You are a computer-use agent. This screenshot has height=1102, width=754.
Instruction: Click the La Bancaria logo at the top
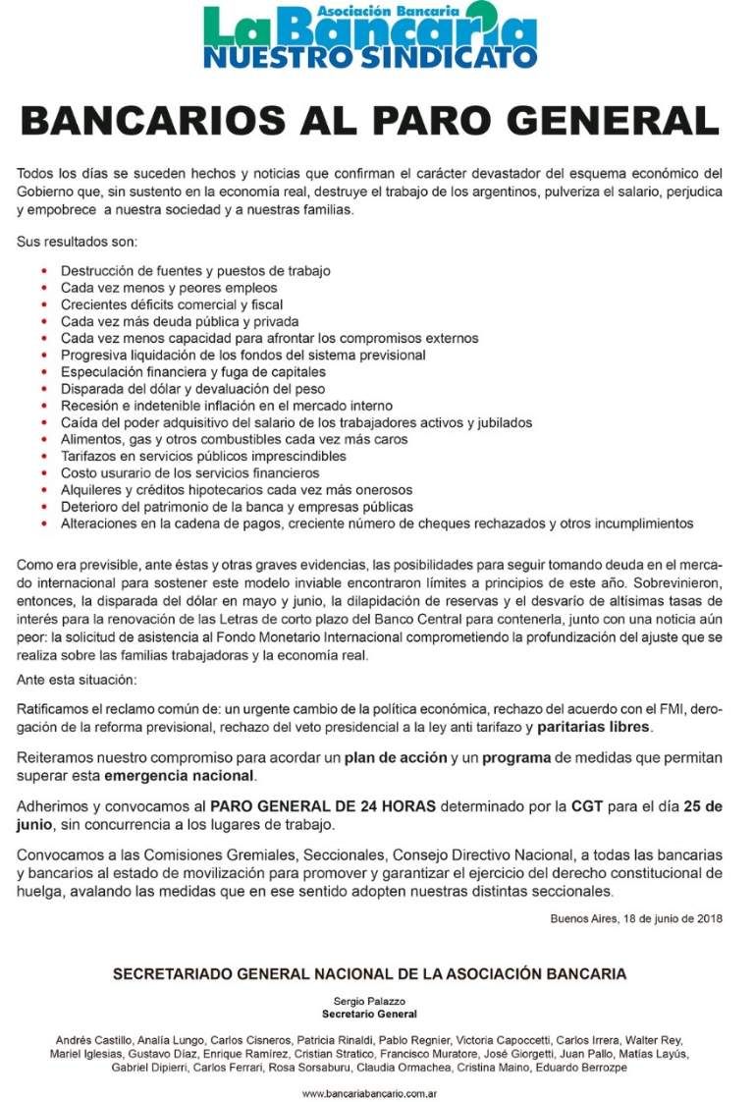click(x=371, y=36)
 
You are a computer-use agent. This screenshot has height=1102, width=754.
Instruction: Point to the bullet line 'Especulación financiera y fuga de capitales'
click(x=192, y=372)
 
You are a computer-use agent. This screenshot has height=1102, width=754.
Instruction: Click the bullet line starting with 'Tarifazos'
click(x=203, y=457)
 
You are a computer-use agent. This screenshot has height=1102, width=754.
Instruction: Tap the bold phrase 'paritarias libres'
click(x=594, y=728)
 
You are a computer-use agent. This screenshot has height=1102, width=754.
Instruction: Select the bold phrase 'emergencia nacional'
click(x=187, y=776)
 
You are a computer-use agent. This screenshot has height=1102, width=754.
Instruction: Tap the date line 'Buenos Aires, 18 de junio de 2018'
click(x=636, y=919)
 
